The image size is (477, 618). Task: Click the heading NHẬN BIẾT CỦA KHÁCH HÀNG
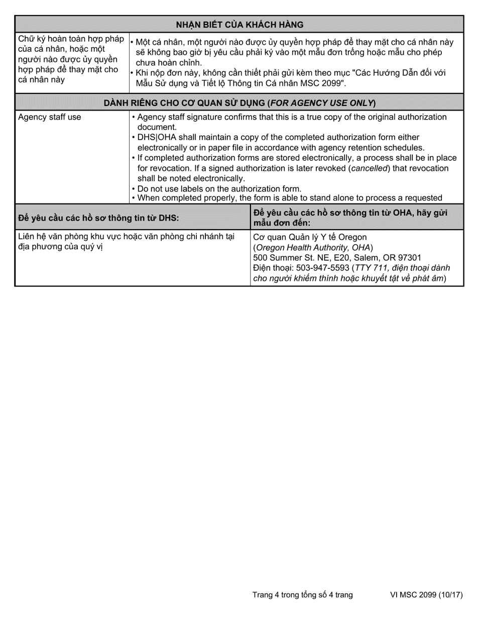click(x=240, y=24)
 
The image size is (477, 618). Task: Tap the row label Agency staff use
click(x=49, y=117)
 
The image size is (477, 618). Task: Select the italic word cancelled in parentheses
click(x=369, y=168)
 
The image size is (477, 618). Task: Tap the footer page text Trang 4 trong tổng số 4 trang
click(x=302, y=595)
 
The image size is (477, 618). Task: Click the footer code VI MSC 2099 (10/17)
click(x=426, y=595)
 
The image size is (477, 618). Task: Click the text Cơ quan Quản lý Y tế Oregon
click(x=310, y=237)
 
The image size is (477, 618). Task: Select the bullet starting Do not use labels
click(x=219, y=189)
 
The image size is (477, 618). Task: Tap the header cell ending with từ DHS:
click(x=98, y=218)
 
